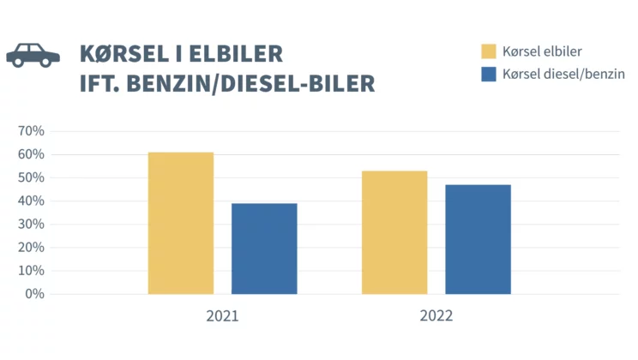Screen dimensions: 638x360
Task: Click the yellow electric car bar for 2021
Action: coord(181,224)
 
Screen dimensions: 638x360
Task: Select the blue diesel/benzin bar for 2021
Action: coord(264,249)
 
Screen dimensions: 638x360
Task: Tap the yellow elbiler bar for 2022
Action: coord(394,232)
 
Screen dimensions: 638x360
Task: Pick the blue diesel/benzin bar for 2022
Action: coord(478,240)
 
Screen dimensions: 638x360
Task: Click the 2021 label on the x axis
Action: coord(222,316)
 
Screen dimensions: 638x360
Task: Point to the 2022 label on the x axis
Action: coord(436,316)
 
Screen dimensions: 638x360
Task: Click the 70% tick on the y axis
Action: coord(31,131)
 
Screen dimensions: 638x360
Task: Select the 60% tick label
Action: coord(31,154)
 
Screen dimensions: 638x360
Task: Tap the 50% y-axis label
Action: coord(31,177)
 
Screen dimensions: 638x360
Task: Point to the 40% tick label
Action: coord(31,201)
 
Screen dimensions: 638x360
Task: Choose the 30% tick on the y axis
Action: coord(31,224)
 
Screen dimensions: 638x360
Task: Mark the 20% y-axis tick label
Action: coord(31,248)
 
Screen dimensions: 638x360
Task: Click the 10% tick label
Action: coord(31,271)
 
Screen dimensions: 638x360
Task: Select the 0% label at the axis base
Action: coord(34,294)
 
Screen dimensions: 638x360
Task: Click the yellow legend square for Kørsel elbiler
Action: coord(489,51)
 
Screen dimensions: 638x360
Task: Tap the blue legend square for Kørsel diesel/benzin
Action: coord(489,75)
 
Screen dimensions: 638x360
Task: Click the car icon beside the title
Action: coord(33,55)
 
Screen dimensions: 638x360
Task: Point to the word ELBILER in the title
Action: coord(236,54)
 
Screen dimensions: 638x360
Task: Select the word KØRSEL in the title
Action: coord(124,54)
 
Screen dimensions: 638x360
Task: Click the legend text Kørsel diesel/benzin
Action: coord(563,74)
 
